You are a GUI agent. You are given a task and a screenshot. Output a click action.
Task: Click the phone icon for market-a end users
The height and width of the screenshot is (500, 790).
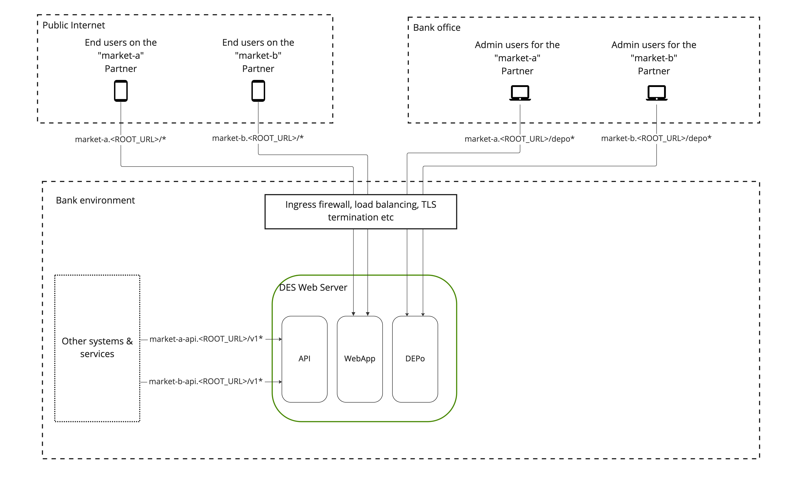coord(121,91)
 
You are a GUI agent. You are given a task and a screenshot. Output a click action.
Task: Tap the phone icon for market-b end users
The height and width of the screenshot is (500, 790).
coord(258,91)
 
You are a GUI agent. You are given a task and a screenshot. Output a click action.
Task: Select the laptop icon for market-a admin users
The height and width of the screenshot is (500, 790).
coord(520,93)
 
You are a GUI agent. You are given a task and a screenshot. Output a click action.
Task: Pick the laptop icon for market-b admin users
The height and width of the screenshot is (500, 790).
coord(656,93)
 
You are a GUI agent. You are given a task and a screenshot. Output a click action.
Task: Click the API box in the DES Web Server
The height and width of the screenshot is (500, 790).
coord(304,359)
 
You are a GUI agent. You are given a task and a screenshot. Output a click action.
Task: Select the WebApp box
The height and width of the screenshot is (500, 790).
coord(360,359)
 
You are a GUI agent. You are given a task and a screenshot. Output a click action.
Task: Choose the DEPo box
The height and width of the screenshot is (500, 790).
coord(415,359)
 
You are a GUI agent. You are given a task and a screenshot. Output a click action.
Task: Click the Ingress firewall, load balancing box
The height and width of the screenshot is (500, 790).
coord(361,211)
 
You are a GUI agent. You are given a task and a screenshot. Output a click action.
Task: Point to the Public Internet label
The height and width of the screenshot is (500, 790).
coord(74,25)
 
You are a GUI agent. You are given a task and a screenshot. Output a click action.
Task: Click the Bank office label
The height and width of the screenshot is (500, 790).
coord(437,27)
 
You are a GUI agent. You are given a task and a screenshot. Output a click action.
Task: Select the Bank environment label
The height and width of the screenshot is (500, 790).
coord(95,200)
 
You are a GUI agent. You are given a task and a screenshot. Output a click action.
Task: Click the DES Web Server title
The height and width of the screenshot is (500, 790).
coord(313,287)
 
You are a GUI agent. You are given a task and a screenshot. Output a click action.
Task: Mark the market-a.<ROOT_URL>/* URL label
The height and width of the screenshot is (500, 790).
coord(120,139)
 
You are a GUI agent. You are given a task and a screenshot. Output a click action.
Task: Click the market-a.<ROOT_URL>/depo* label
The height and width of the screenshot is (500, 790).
coord(519,139)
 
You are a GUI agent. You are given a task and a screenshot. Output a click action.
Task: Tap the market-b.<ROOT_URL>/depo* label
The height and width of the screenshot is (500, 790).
coord(656,138)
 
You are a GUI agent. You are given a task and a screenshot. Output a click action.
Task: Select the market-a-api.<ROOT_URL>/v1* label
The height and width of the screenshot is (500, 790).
coord(206,339)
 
